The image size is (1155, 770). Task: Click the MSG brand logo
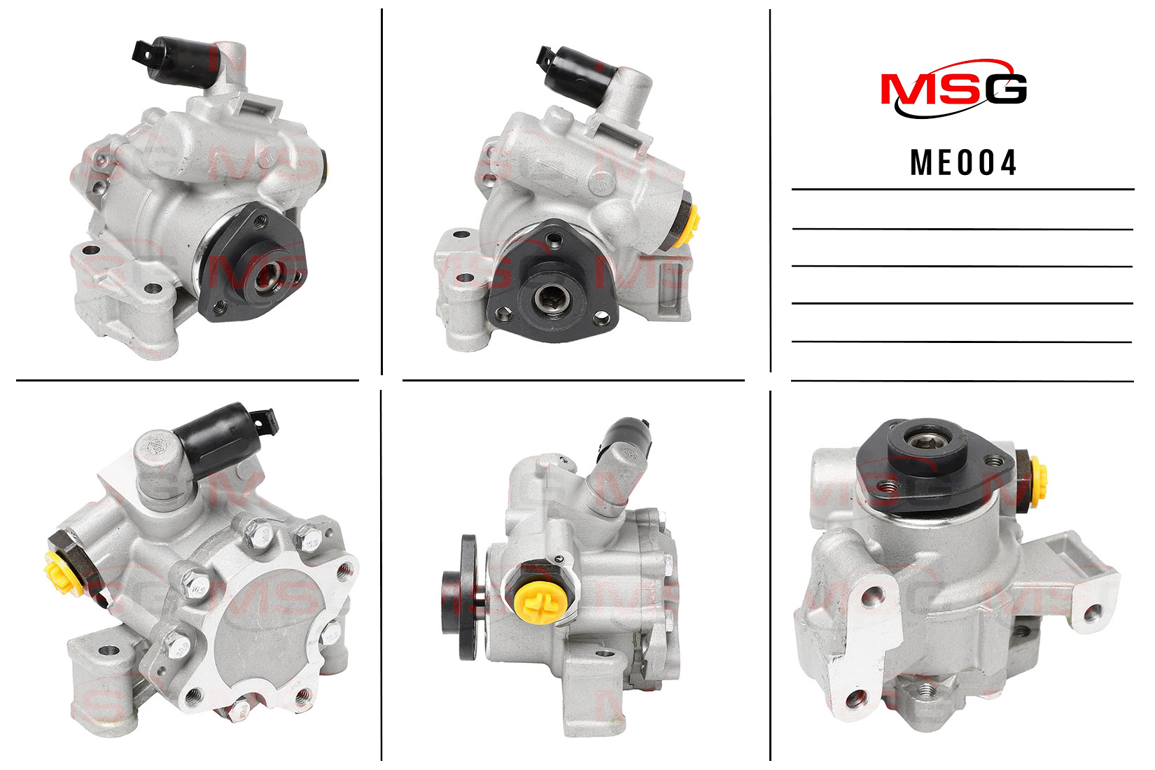pos(953,89)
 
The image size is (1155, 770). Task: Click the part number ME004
pos(963,163)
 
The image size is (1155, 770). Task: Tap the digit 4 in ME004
pos(1007,163)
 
